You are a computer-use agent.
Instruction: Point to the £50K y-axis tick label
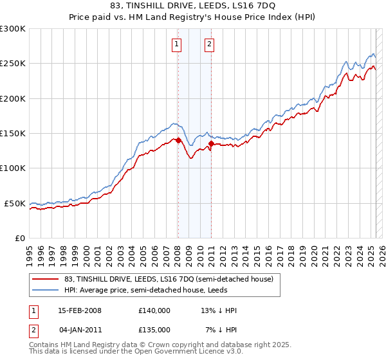(15, 203)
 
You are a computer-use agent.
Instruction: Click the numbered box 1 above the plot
(176, 44)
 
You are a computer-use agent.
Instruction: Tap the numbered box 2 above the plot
(210, 44)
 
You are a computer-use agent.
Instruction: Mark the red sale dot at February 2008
(178, 140)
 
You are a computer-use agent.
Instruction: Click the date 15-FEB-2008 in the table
(80, 310)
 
